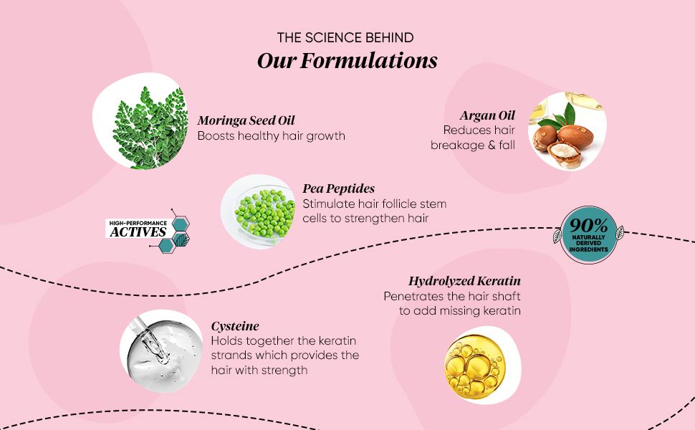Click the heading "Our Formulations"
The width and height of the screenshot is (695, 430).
tap(347, 61)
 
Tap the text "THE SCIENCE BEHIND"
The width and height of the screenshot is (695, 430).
tap(345, 38)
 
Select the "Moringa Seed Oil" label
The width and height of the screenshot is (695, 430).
tap(246, 120)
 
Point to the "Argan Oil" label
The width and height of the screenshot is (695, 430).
tap(487, 115)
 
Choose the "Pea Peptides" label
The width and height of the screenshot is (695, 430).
tap(339, 189)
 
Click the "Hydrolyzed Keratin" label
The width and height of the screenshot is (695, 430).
tap(464, 281)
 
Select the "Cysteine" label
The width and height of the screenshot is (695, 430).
tap(235, 326)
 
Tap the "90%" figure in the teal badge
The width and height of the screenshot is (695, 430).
tap(589, 226)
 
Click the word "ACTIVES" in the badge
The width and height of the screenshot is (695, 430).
tap(138, 232)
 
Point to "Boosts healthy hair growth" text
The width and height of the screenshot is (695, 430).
tap(272, 135)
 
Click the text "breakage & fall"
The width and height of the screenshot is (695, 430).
tap(472, 145)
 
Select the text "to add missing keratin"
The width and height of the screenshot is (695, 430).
tap(460, 311)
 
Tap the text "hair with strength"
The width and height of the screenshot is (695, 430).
tap(259, 370)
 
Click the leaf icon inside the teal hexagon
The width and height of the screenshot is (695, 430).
tap(182, 240)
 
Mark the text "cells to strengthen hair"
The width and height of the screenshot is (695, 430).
tap(365, 219)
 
